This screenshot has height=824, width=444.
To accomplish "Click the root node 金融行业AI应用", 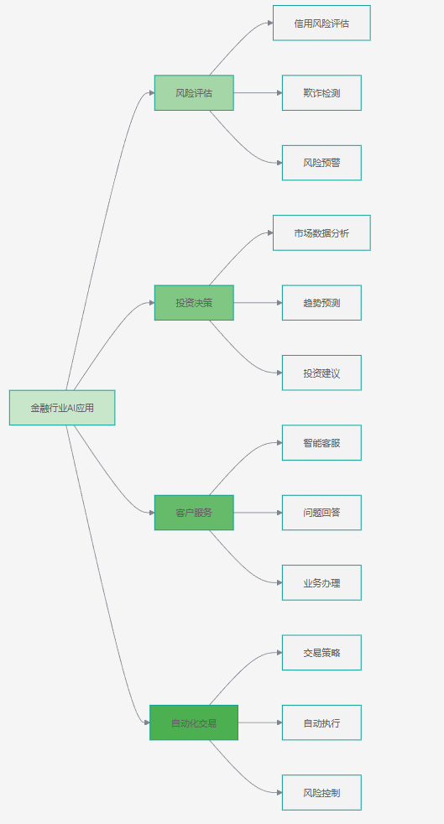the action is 62,407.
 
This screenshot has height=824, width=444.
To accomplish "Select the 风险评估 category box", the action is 194,93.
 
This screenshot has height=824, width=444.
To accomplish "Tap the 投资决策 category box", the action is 194,303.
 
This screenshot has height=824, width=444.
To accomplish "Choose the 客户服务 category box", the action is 194,513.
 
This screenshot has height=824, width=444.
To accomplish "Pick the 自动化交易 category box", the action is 194,722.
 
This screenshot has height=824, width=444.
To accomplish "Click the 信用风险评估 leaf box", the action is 321,23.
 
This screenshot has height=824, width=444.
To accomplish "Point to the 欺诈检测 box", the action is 321,93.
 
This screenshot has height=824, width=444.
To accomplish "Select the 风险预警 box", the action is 321,163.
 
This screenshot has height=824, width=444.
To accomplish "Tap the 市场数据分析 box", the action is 321,232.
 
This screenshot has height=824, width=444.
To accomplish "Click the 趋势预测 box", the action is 321,303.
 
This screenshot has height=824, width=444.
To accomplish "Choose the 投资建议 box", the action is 321,373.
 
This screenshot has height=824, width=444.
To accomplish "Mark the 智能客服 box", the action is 321,442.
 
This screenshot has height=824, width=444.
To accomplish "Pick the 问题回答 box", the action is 321,513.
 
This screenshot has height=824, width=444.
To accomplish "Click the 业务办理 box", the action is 321,583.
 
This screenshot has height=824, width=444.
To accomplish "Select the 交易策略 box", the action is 321,653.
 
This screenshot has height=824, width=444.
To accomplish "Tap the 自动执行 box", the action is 321,722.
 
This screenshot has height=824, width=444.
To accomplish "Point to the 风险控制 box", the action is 321,792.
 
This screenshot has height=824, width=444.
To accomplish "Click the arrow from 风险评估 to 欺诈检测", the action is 258,93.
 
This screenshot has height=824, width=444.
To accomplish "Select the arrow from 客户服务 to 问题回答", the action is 258,513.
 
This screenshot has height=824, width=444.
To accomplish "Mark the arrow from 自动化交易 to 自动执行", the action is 260,722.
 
